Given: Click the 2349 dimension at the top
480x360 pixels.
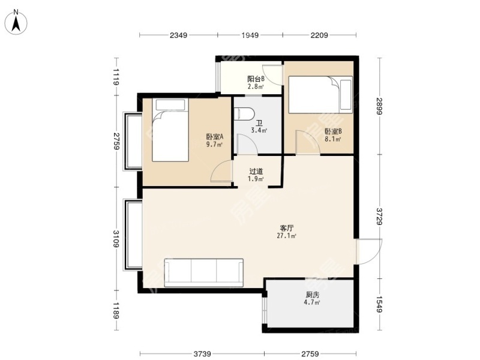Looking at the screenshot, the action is pos(178,35).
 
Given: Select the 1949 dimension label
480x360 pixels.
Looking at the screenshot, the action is pos(250,35).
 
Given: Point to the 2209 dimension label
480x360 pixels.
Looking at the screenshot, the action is pos(319,35).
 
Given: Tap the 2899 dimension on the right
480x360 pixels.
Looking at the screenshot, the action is pos(380,106).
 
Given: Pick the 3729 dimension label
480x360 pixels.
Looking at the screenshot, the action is pos(380,217).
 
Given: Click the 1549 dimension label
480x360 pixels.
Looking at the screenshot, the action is pos(380,304).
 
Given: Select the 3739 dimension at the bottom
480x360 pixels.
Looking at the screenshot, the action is pos(202,354).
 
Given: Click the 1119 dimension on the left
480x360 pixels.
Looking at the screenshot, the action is pos(116,77).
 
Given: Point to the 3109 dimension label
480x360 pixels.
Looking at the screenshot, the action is pos(116,239).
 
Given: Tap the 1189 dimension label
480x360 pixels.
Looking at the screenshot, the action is pos(116,310).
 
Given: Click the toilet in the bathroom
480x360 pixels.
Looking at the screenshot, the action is pos(244,113).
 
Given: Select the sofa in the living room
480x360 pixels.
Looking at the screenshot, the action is pos(204,273).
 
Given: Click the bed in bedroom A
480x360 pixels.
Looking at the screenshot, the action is pos(170,130).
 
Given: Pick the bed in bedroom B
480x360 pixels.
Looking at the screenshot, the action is pos(320,95).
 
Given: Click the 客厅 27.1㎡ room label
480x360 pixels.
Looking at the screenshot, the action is pos(287,232).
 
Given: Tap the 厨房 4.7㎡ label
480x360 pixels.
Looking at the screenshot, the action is pos(312,298).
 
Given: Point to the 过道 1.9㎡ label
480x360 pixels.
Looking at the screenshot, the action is pos(256,175).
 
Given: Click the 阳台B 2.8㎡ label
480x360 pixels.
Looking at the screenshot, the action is pos(256,82).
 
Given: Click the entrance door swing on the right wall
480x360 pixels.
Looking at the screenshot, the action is pos(369,251).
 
